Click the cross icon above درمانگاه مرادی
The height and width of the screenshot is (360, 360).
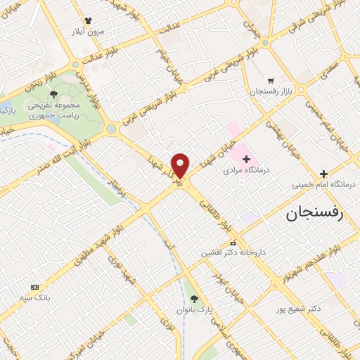pos(246,160)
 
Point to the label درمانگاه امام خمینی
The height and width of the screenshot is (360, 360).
pos(323,185)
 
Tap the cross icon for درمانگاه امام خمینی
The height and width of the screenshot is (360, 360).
pos(323,174)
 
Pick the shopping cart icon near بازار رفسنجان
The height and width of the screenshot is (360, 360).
pos(271,81)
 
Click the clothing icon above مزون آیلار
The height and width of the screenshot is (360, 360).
pos(88,21)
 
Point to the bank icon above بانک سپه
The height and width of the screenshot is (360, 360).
pos(34,287)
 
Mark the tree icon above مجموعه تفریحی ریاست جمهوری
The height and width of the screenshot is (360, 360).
pos(53,93)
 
